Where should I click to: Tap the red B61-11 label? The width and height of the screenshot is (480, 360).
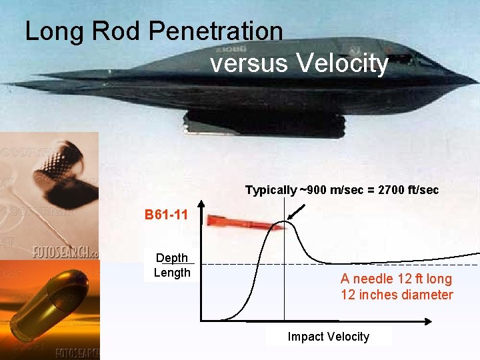pyautogui.click(x=166, y=215)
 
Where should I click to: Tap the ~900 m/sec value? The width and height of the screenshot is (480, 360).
pyautogui.click(x=329, y=190)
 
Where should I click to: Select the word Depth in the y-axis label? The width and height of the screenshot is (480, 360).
pyautogui.click(x=172, y=258)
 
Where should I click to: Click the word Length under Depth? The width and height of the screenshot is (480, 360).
pyautogui.click(x=172, y=272)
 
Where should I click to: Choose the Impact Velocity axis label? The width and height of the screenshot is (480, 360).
pyautogui.click(x=328, y=337)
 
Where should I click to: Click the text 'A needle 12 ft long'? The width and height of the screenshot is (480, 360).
pyautogui.click(x=396, y=279)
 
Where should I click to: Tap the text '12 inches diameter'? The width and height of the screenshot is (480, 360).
pyautogui.click(x=397, y=295)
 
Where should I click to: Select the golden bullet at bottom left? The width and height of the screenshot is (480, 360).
pyautogui.click(x=47, y=307)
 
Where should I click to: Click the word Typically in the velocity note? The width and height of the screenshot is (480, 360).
pyautogui.click(x=270, y=190)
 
